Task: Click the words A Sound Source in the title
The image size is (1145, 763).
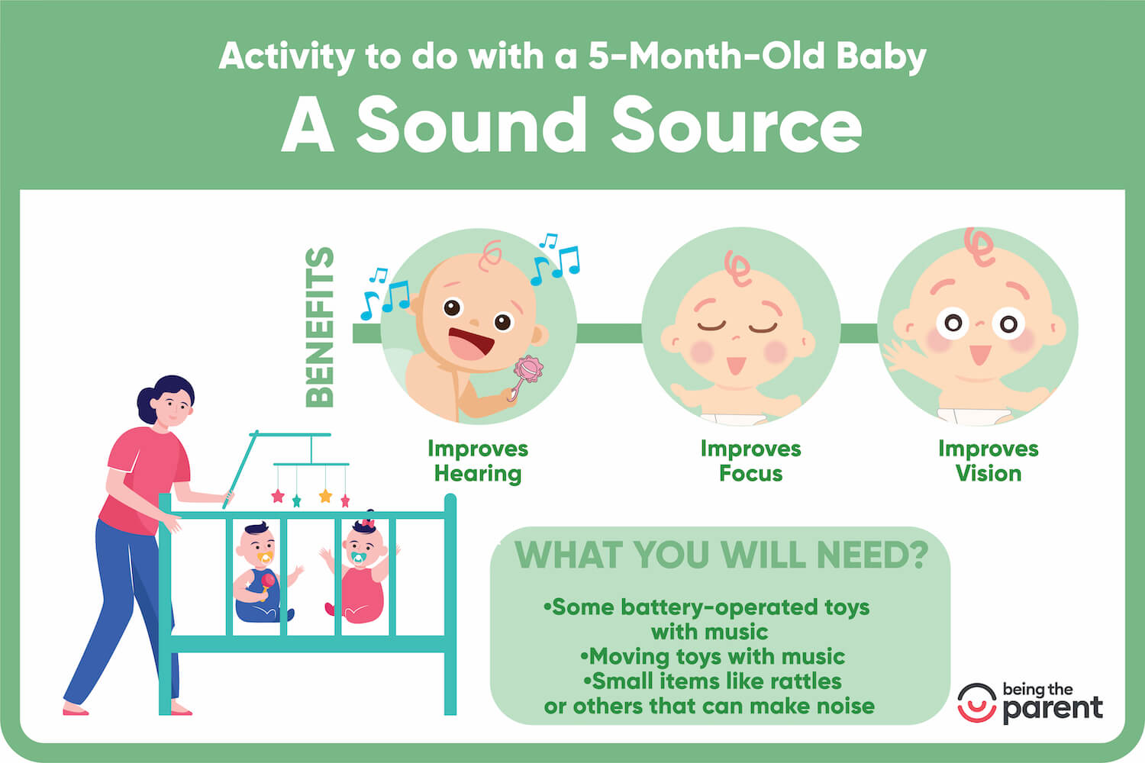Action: click(572, 125)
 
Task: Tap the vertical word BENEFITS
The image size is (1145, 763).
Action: click(320, 327)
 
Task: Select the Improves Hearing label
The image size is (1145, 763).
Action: click(478, 461)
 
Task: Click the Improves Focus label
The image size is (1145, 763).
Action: click(750, 461)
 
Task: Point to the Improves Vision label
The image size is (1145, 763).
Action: click(988, 461)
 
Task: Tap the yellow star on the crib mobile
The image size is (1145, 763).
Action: click(325, 496)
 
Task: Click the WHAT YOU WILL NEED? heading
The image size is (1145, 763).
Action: click(721, 555)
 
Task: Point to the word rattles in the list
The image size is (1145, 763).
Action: click(805, 681)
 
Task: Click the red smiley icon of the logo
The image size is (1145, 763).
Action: click(976, 703)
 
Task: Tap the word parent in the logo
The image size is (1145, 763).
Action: click(1053, 709)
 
